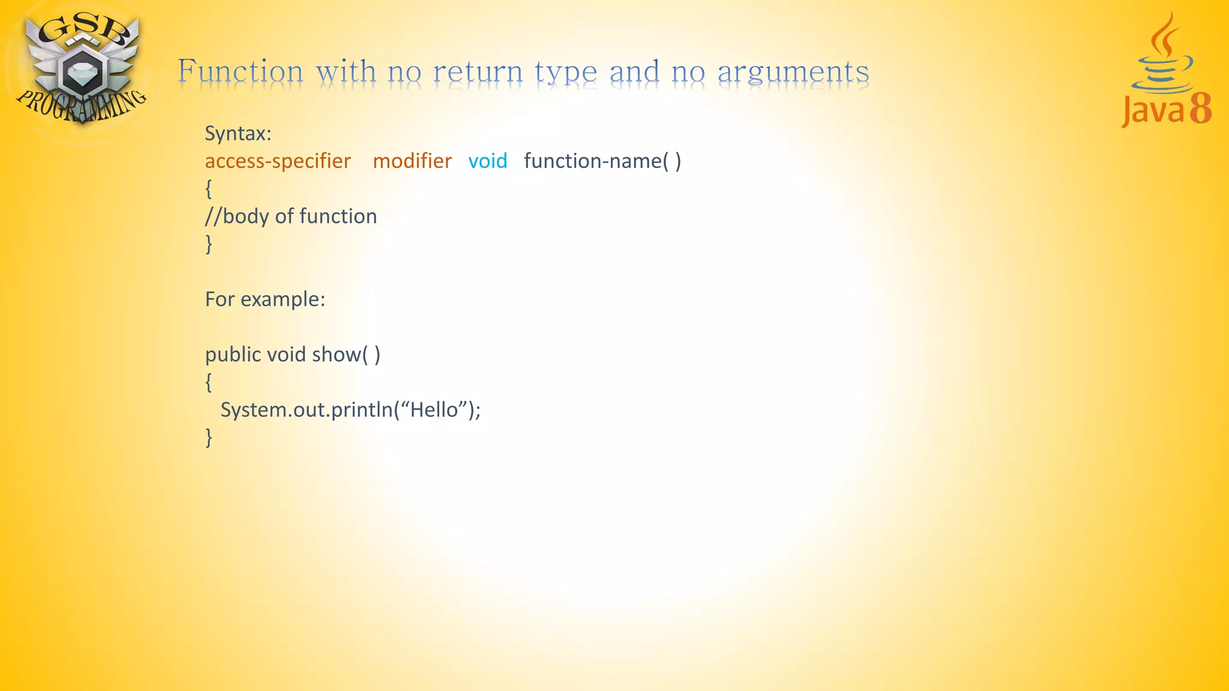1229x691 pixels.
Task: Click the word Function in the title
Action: [241, 71]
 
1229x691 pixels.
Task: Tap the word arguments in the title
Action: [793, 73]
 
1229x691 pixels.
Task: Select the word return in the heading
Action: [478, 72]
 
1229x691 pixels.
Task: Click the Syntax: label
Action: [238, 133]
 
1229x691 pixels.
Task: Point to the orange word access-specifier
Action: [278, 161]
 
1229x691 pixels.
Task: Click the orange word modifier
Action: [412, 161]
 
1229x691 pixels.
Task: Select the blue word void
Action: [488, 161]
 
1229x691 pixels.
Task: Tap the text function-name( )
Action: [602, 161]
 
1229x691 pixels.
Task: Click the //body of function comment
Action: [291, 216]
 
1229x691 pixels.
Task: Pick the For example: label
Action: [265, 299]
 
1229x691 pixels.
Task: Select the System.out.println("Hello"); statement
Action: [350, 410]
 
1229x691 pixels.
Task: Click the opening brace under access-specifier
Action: [208, 189]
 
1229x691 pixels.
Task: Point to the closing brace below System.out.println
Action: [208, 437]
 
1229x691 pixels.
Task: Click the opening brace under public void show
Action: [208, 382]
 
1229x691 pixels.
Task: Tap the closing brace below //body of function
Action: [208, 244]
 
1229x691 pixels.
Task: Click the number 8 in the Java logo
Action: [1200, 109]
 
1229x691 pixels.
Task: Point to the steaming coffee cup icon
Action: [1162, 60]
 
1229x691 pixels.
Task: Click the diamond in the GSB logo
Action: [79, 74]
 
